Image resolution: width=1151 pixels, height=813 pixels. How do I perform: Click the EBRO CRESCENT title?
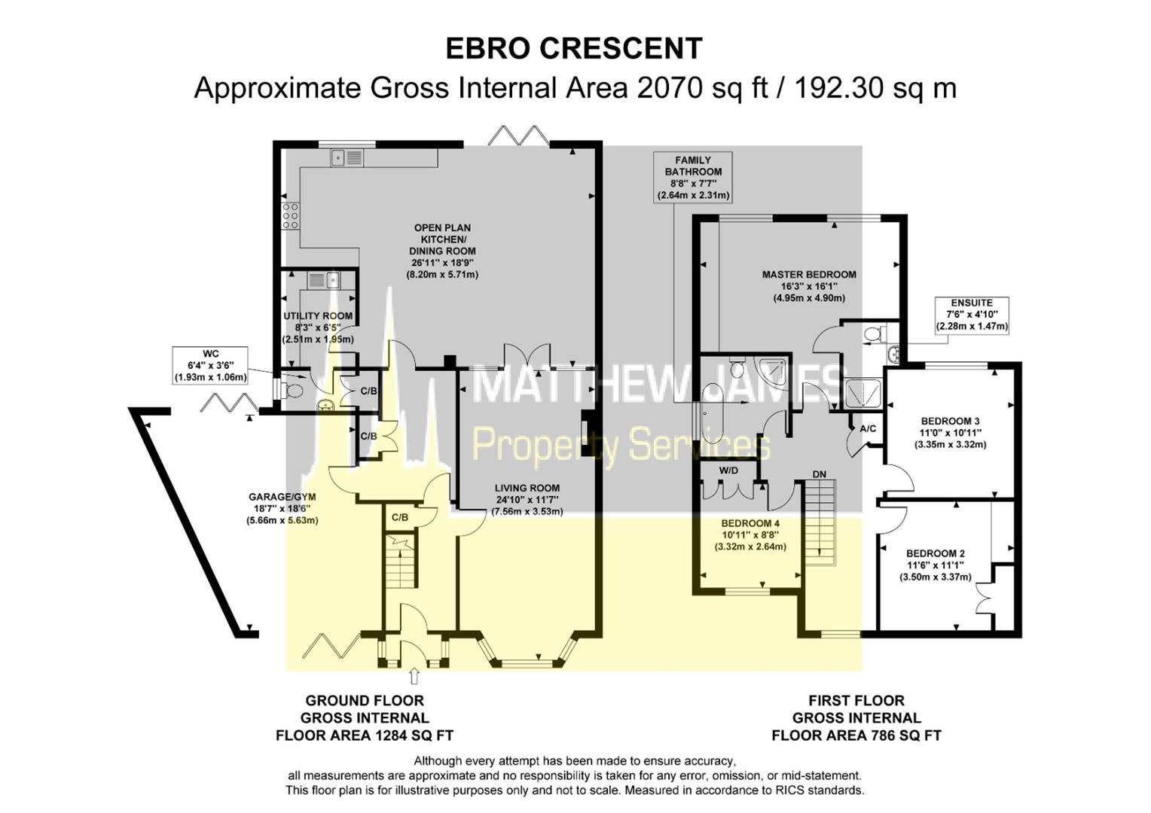[x=574, y=48]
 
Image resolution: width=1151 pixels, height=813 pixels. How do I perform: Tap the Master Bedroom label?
[x=809, y=286]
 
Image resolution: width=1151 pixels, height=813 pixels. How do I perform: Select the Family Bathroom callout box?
[x=693, y=178]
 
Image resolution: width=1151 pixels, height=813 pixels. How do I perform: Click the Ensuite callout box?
[x=972, y=315]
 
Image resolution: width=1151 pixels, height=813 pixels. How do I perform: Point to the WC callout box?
[x=210, y=365]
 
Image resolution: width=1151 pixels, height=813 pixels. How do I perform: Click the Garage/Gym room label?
[x=282, y=508]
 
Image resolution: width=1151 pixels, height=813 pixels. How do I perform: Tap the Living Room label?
[x=527, y=499]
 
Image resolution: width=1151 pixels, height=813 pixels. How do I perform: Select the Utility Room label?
[x=317, y=327]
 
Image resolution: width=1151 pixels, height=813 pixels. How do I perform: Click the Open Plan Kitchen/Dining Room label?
[x=442, y=251]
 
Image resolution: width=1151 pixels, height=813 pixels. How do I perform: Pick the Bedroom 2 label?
[x=935, y=565]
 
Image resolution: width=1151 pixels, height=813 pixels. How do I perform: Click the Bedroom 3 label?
[x=950, y=432]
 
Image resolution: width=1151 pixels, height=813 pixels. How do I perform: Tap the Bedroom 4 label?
[x=750, y=534]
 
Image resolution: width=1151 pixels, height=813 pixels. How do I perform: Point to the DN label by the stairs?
[x=820, y=474]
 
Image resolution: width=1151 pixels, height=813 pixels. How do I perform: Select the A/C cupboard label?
[x=868, y=428]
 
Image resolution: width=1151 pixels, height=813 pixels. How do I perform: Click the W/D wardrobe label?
[x=728, y=471]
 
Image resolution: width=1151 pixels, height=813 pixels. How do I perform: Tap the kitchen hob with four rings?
[x=291, y=216]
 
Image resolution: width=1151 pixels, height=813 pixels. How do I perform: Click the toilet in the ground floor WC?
[x=292, y=390]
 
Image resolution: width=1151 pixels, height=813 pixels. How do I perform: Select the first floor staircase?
[x=820, y=522]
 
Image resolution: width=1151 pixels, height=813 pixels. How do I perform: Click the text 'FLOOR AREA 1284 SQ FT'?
[x=365, y=735]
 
